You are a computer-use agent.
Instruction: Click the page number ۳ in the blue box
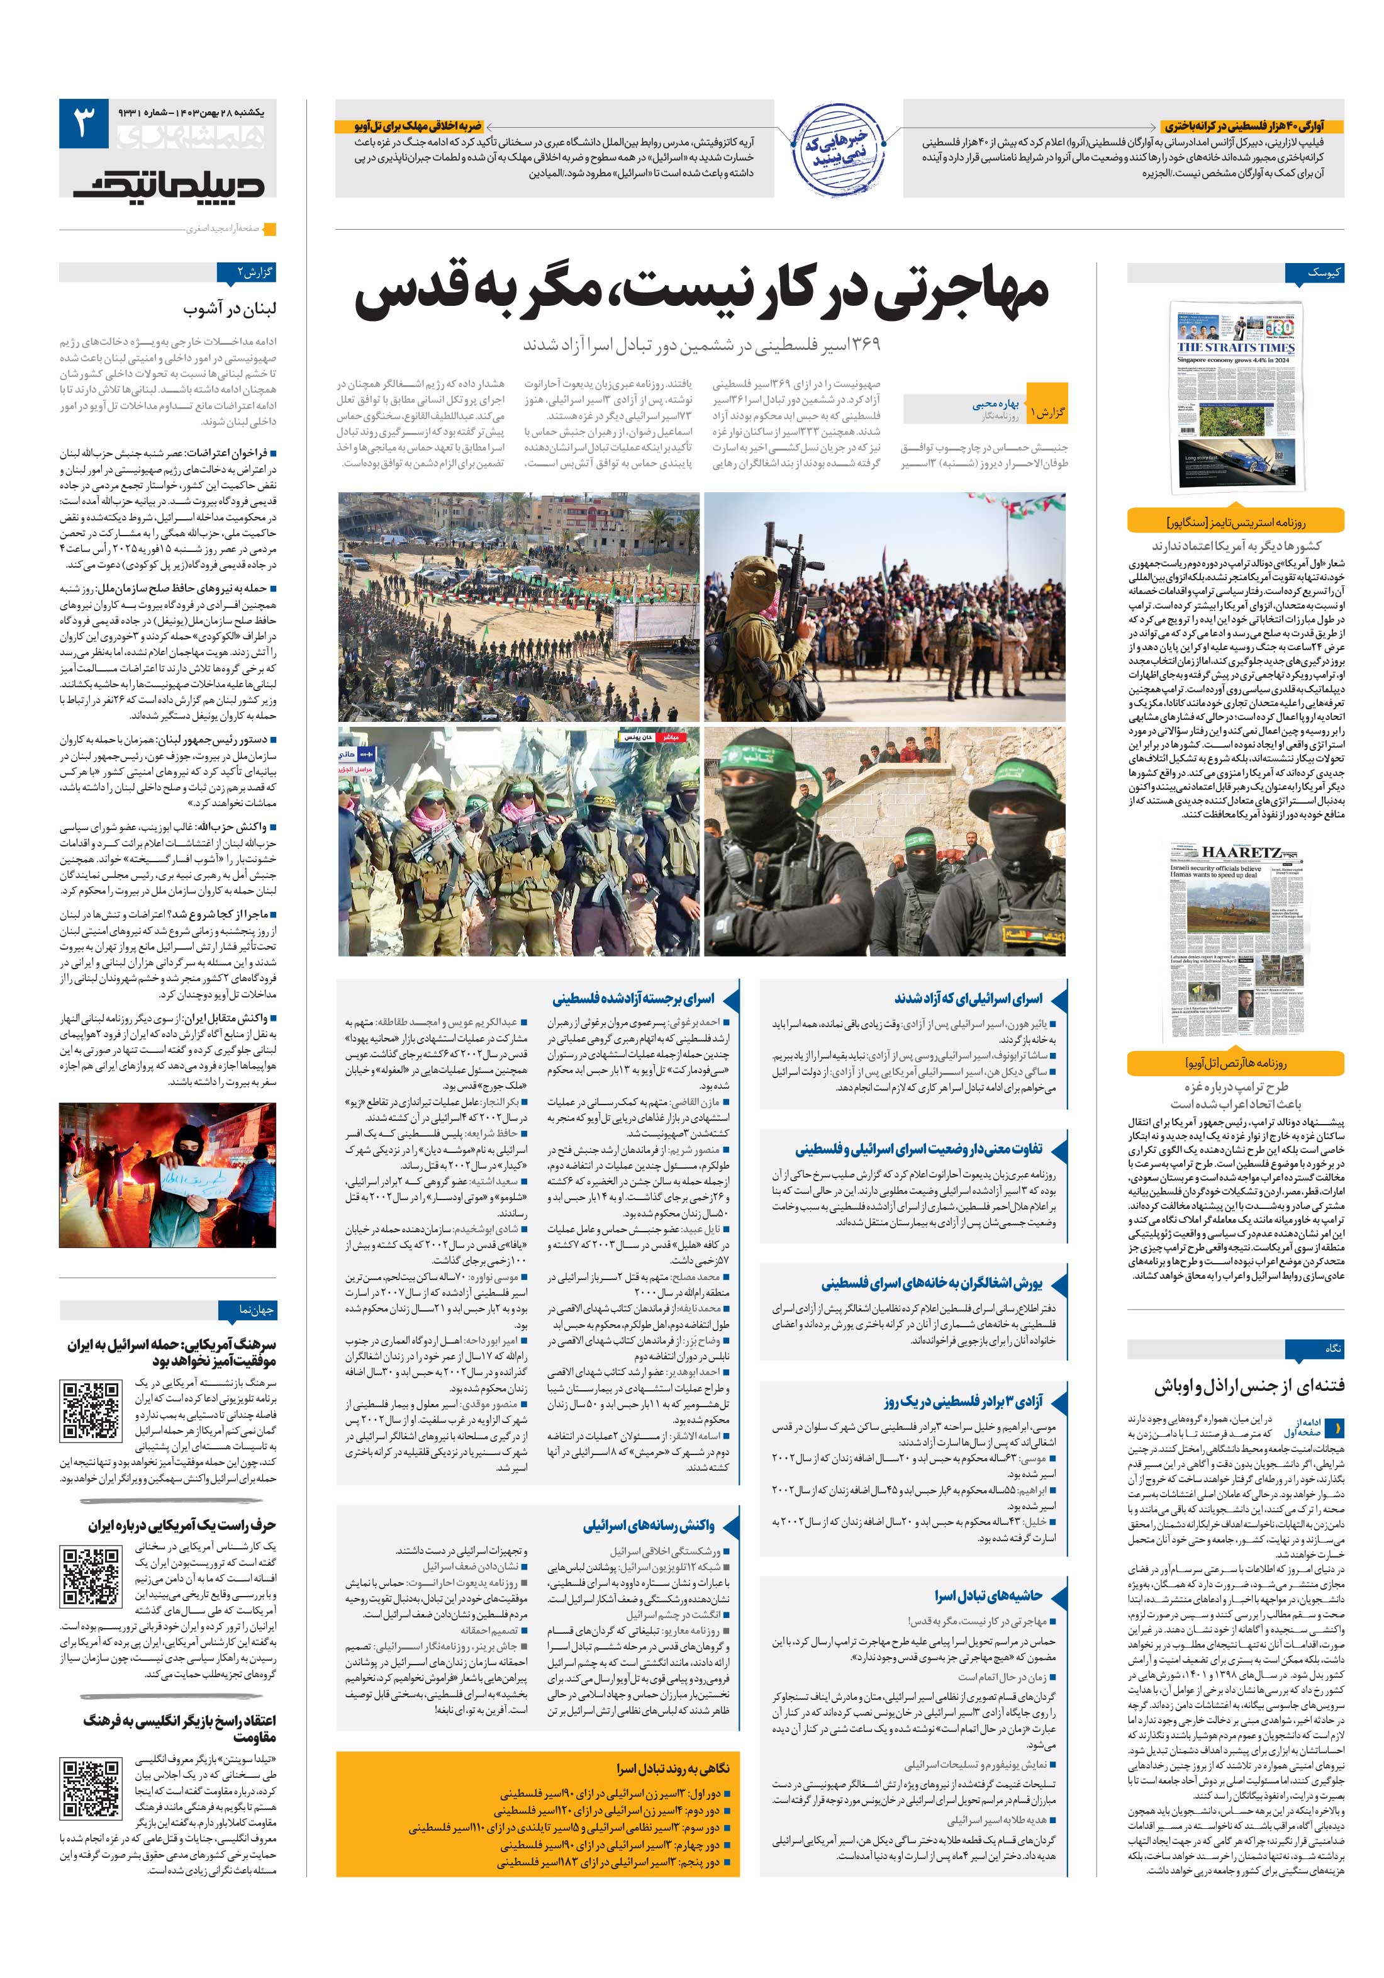point(84,123)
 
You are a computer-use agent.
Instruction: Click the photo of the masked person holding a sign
point(168,1173)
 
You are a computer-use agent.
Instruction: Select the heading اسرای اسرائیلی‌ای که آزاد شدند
point(968,999)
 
